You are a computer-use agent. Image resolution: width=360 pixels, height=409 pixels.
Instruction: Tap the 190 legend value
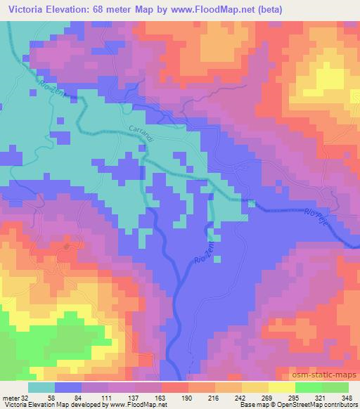(x=186, y=397)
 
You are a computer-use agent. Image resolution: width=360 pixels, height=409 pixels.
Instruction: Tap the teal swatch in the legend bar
(x=41, y=387)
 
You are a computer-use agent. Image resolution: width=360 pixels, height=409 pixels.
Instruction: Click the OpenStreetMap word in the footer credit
(x=314, y=405)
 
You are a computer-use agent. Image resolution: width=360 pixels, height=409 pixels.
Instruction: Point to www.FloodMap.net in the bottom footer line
(x=136, y=405)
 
